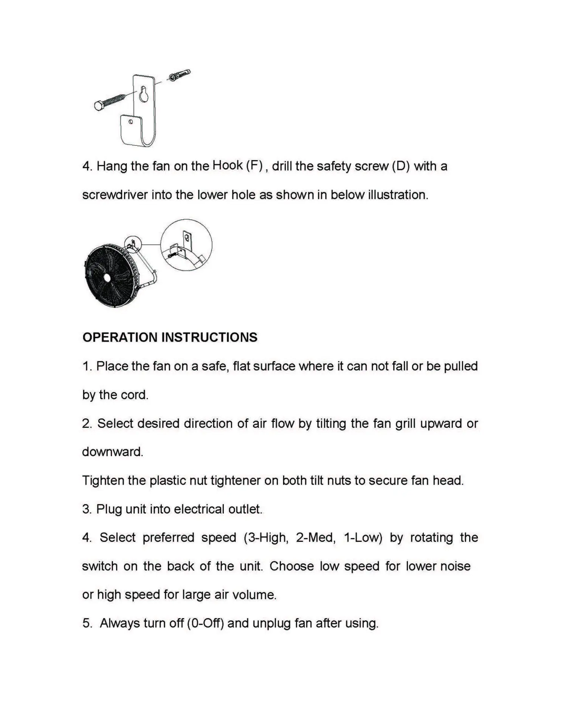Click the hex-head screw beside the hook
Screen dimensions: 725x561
[x=110, y=102]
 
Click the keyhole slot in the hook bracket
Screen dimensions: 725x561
[x=143, y=94]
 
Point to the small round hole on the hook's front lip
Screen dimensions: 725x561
[x=130, y=122]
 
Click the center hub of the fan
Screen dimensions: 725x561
[x=107, y=277]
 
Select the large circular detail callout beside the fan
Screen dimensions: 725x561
[x=186, y=245]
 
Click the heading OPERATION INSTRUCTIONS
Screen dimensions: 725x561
[x=170, y=337]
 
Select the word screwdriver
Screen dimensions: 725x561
[x=115, y=195]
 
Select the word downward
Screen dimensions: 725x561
[x=112, y=452]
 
